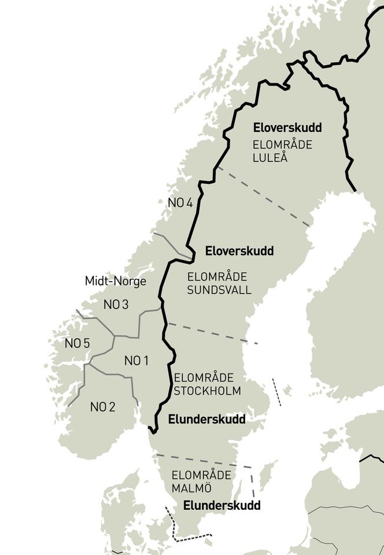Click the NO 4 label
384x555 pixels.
(179, 202)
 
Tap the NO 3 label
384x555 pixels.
(116, 304)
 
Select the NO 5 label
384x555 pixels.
(77, 343)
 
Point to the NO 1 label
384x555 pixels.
(136, 361)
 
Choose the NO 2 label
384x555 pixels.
(102, 406)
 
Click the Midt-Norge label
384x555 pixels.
(115, 282)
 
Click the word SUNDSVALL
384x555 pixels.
(219, 290)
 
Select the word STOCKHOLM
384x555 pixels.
(207, 391)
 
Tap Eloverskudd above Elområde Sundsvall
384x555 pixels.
(239, 251)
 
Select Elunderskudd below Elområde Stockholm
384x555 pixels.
(206, 419)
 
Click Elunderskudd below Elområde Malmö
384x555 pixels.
(221, 505)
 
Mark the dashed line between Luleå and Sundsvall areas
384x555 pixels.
(263, 197)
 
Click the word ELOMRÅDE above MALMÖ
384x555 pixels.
(201, 475)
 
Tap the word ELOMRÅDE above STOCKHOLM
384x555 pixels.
(204, 378)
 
